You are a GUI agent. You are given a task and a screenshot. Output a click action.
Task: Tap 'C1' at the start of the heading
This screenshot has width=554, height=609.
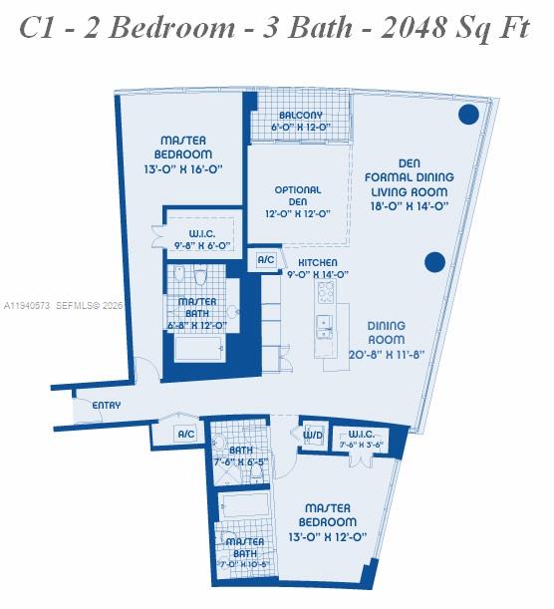pyautogui.click(x=42, y=27)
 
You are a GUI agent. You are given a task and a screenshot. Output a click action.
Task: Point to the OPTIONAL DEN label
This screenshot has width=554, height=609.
pyautogui.click(x=298, y=200)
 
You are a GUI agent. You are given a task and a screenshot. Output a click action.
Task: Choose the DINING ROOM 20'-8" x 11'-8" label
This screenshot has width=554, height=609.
pyautogui.click(x=386, y=340)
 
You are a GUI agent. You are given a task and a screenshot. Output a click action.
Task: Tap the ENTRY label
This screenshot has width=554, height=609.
pyautogui.click(x=106, y=406)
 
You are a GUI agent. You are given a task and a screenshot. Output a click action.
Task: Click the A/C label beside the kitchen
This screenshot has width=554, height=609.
pyautogui.click(x=266, y=259)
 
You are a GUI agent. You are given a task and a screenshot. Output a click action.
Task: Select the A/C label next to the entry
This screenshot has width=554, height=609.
pyautogui.click(x=185, y=434)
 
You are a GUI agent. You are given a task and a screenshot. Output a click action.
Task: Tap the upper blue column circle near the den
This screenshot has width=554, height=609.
pyautogui.click(x=467, y=115)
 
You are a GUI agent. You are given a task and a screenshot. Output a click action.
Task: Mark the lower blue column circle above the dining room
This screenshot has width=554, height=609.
pyautogui.click(x=434, y=262)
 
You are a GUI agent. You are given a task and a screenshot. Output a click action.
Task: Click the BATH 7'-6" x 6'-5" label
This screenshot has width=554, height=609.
pyautogui.click(x=241, y=457)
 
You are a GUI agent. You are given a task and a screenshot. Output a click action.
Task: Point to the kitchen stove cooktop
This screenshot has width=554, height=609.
pyautogui.click(x=327, y=291)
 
